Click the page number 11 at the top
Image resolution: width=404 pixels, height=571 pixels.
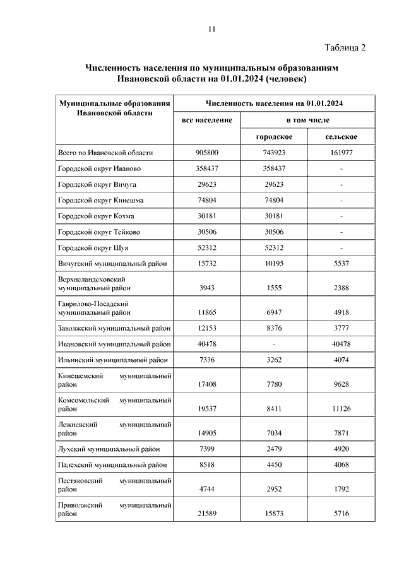[x=211, y=28]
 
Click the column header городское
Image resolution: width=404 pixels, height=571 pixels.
[x=273, y=137]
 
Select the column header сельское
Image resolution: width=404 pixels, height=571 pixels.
[x=342, y=137]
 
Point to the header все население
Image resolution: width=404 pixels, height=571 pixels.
[x=207, y=119]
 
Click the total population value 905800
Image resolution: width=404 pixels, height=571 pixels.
[x=207, y=153]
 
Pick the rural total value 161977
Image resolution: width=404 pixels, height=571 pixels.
[x=342, y=153]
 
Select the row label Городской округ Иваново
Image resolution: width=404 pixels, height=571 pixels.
[x=99, y=168]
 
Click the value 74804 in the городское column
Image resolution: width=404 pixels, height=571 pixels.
[x=273, y=201]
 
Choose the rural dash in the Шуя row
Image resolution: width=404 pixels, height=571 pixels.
[x=342, y=248]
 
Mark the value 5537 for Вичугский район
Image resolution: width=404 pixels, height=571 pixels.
[x=342, y=264]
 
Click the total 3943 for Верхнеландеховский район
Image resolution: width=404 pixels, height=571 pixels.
[x=207, y=288]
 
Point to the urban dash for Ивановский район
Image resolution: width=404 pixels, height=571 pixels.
[x=273, y=344]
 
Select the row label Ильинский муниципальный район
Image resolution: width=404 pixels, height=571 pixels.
[x=113, y=360]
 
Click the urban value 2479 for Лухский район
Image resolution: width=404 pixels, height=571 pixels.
[x=273, y=449]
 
